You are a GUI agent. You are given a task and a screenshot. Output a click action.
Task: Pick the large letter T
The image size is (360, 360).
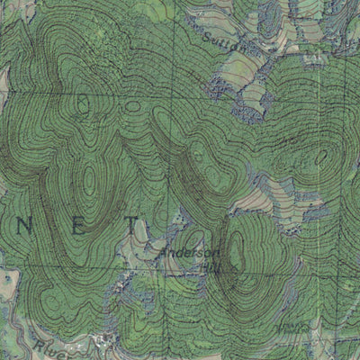coord(134,222)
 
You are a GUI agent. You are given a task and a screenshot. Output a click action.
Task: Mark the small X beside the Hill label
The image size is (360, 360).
coord(220,267)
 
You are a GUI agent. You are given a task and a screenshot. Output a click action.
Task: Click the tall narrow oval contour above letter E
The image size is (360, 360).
coord(87,181)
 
